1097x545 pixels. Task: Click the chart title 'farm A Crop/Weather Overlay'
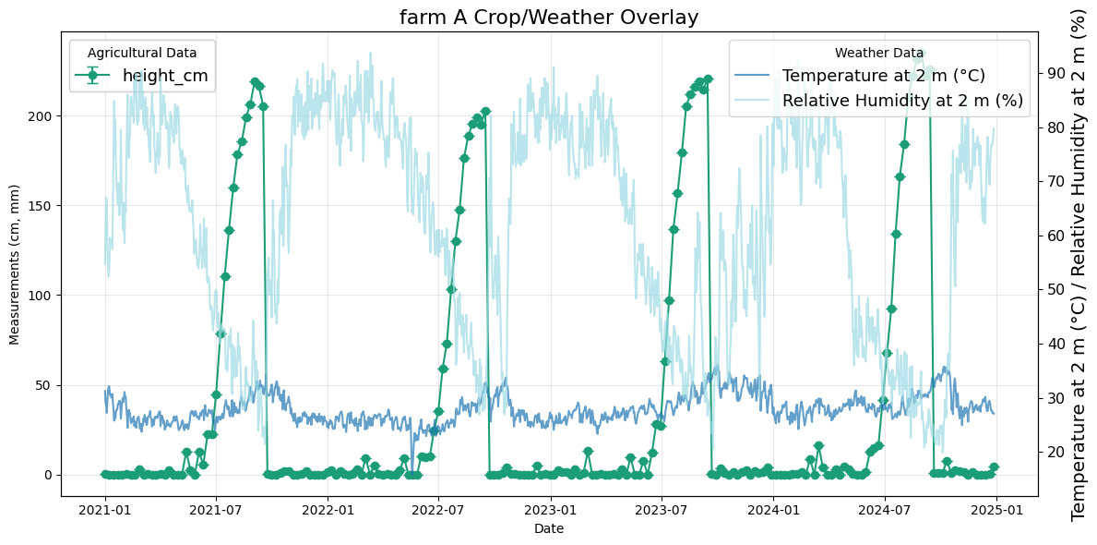tap(548, 18)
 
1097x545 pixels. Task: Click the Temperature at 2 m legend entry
tap(883, 76)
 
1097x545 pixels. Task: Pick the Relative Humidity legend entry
tap(902, 101)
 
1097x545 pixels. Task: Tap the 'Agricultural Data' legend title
tap(142, 54)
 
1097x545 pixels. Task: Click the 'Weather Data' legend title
tap(878, 54)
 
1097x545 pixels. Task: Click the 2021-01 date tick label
tap(105, 509)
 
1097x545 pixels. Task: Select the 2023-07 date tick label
tap(662, 509)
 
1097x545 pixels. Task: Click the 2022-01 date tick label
tap(328, 509)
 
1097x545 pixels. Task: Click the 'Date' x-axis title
tap(548, 528)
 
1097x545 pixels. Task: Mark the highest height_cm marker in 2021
tap(255, 82)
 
